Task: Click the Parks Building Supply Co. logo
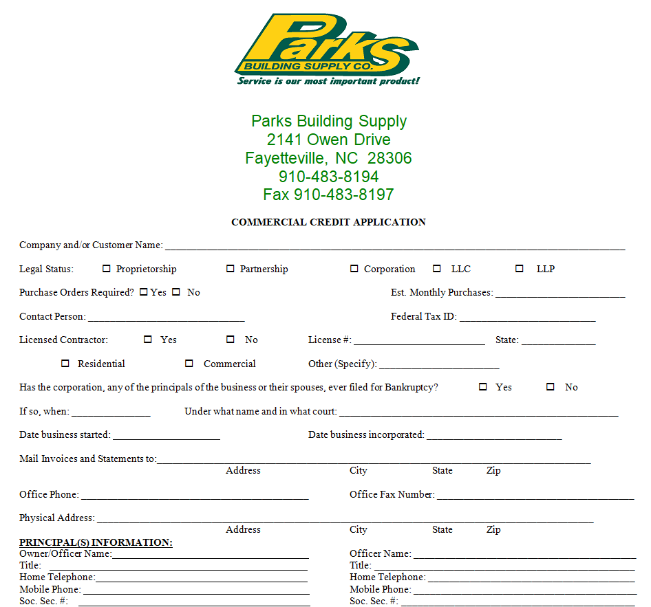click(x=326, y=48)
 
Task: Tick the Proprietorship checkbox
click(x=107, y=269)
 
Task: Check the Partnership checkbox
click(x=231, y=269)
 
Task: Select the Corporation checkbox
click(x=354, y=269)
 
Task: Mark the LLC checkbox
click(x=437, y=269)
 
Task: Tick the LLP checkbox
click(x=520, y=269)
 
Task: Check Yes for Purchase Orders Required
click(x=143, y=292)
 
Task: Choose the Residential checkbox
click(x=65, y=364)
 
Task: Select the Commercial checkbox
click(x=189, y=364)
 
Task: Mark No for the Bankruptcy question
click(x=551, y=387)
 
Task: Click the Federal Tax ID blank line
click(x=527, y=318)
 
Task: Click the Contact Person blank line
click(x=166, y=318)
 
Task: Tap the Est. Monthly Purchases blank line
click(x=560, y=294)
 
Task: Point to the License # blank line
click(x=419, y=341)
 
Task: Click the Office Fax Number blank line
click(x=535, y=496)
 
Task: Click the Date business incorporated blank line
click(x=494, y=436)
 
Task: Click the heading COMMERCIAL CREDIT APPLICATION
click(x=328, y=222)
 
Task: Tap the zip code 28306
click(x=389, y=158)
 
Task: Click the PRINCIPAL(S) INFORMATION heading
click(x=96, y=542)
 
